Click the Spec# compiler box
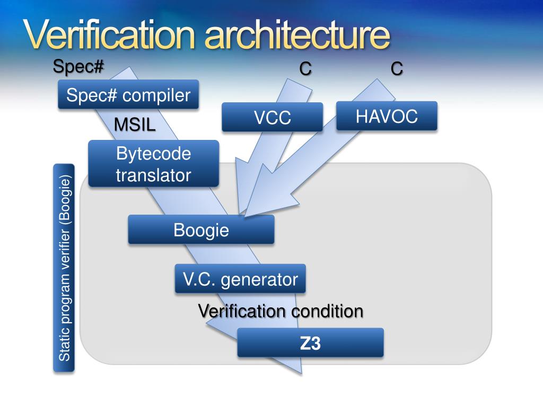tap(128, 95)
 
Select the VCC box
tap(272, 117)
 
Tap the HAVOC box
tap(387, 116)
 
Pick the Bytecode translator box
tap(153, 164)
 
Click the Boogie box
tap(201, 229)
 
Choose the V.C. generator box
tap(240, 279)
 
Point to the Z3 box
tap(310, 343)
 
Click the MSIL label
tap(135, 125)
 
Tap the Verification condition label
tap(281, 311)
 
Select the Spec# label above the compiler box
tap(78, 67)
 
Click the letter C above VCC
tap(305, 68)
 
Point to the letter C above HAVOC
tap(396, 68)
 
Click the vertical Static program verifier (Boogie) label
tap(64, 268)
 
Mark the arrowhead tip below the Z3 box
tap(301, 373)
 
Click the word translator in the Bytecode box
tap(153, 175)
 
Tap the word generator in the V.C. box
tap(259, 279)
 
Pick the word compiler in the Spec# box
tap(156, 95)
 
